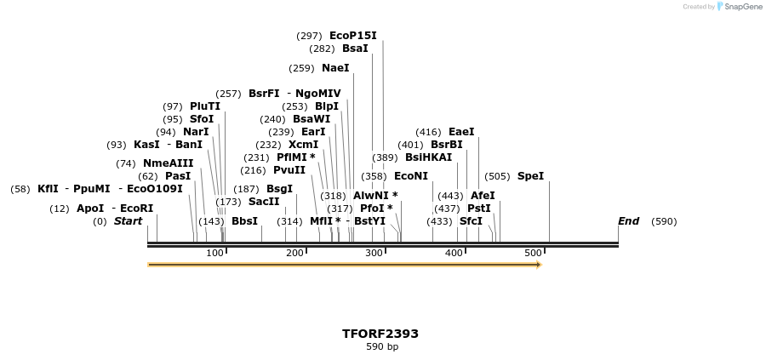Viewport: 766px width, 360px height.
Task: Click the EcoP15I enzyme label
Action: (x=352, y=36)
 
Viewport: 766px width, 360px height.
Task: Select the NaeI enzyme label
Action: (x=335, y=68)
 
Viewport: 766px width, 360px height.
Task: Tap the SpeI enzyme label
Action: (x=530, y=176)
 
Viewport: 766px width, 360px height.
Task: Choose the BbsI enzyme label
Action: (x=244, y=221)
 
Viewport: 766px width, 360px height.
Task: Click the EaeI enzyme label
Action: (x=461, y=132)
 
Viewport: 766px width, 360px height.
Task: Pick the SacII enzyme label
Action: (x=263, y=202)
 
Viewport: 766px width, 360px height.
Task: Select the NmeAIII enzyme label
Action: (x=168, y=163)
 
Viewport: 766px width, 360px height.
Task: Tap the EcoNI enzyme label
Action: (x=411, y=176)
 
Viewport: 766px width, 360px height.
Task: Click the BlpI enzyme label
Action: (x=327, y=106)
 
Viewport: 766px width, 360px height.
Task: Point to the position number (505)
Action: (x=497, y=176)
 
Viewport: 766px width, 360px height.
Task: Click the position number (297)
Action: (x=309, y=36)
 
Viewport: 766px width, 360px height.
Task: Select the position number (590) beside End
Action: (x=664, y=221)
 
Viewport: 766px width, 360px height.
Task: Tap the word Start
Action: (x=128, y=221)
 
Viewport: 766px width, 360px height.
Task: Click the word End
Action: (x=628, y=221)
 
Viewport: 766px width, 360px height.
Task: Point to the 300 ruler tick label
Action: (x=374, y=253)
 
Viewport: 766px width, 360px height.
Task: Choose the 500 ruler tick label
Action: (x=533, y=253)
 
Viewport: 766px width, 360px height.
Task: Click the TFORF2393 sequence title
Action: (x=380, y=334)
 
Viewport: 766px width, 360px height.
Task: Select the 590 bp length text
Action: (x=382, y=347)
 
